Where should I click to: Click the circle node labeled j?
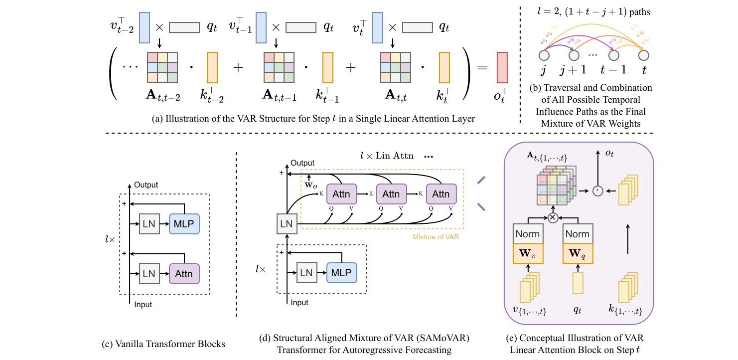click(544, 55)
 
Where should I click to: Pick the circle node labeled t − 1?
click(614, 55)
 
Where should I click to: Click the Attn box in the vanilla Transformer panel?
click(184, 274)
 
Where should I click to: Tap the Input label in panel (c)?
click(144, 304)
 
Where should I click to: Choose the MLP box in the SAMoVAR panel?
click(342, 273)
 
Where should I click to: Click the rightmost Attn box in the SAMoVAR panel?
click(441, 194)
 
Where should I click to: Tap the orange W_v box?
click(528, 253)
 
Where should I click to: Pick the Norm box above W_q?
click(578, 234)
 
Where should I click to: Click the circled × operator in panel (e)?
click(552, 217)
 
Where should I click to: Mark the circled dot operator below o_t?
click(598, 190)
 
